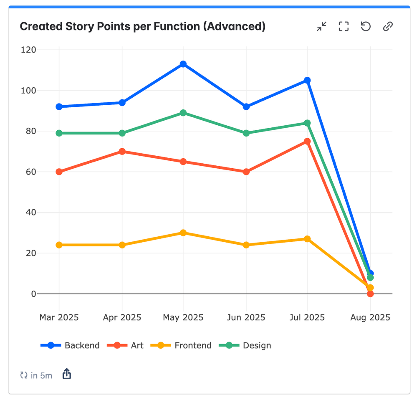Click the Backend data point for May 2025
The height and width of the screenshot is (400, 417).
click(x=183, y=64)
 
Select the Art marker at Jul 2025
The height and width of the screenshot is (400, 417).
click(x=307, y=142)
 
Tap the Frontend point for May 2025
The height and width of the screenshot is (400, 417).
click(x=183, y=233)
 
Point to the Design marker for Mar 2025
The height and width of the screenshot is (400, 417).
click(x=59, y=133)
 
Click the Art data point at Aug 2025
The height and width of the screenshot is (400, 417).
click(x=370, y=294)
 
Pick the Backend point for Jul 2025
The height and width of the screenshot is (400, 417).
click(x=307, y=80)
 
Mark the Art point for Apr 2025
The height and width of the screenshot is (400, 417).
click(x=122, y=152)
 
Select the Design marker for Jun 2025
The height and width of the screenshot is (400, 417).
click(x=246, y=133)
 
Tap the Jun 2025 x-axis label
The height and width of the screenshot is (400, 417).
click(x=246, y=317)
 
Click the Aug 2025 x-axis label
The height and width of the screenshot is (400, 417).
click(x=370, y=317)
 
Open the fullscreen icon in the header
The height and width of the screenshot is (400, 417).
click(x=344, y=27)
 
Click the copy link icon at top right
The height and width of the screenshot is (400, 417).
click(x=388, y=27)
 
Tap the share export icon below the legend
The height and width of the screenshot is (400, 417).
click(x=67, y=374)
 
